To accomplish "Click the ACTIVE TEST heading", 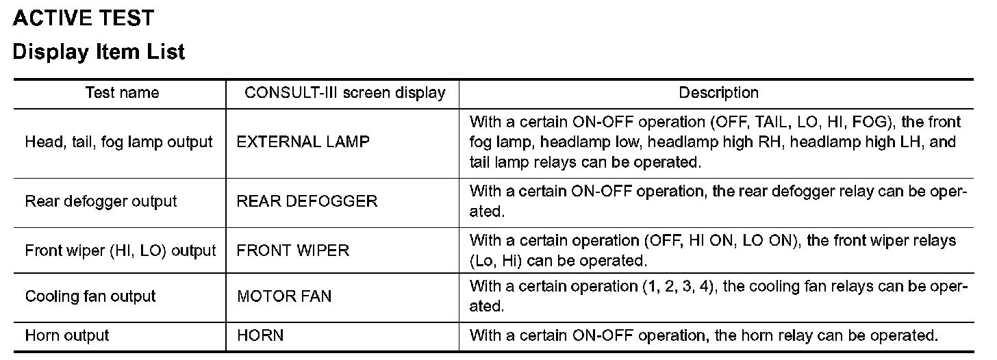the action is tap(84, 18).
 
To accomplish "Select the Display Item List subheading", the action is tap(99, 52).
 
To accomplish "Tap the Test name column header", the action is tap(122, 92).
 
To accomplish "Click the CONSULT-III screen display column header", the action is tap(345, 92).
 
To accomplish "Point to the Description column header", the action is tap(718, 92).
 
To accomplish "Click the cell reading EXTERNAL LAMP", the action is tap(303, 142).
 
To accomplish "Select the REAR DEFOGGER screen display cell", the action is tap(307, 201).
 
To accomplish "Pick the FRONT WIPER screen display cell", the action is tap(293, 250).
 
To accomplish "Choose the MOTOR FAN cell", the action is tap(284, 296).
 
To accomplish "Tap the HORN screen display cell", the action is tap(260, 335).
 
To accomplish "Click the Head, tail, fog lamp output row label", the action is tap(119, 142).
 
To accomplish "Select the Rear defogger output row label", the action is tap(101, 201).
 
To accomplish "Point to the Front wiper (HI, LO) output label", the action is tap(121, 250).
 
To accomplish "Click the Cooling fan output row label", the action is tap(90, 296).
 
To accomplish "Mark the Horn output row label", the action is tap(67, 335).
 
